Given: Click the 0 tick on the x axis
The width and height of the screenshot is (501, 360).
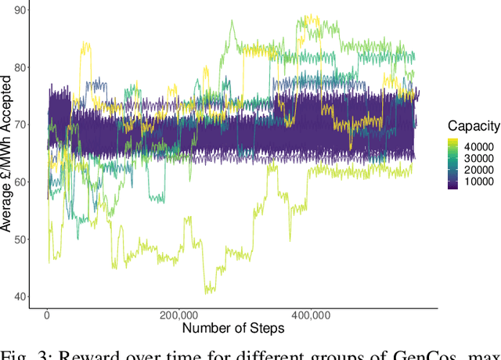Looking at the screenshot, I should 47,316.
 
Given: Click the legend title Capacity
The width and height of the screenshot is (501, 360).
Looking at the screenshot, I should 472,125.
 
